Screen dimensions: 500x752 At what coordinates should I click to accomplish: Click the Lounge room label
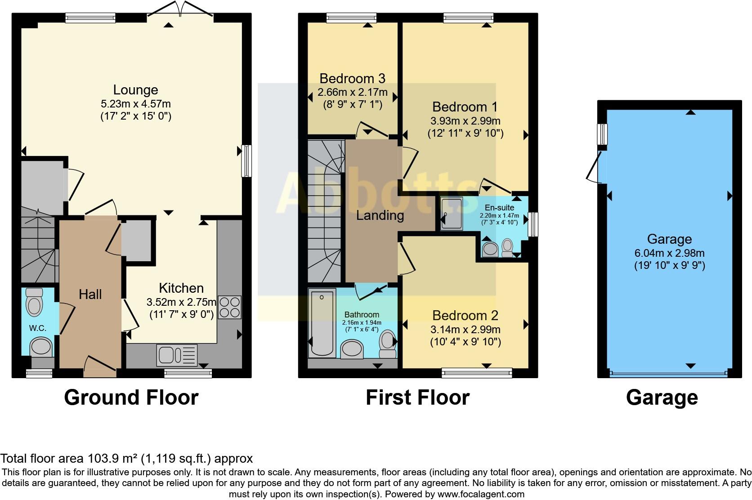click(135, 90)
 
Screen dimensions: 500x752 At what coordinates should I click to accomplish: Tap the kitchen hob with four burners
click(230, 307)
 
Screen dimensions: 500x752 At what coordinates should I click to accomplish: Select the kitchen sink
click(177, 355)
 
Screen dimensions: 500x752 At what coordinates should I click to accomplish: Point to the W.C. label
click(38, 328)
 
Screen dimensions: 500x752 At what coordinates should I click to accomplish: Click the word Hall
click(90, 295)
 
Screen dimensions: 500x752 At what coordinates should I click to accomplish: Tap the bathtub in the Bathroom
click(322, 323)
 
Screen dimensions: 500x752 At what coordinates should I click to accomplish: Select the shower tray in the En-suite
click(452, 214)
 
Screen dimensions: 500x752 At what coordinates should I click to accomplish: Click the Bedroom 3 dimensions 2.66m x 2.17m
click(352, 93)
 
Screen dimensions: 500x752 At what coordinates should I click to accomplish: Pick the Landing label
click(380, 215)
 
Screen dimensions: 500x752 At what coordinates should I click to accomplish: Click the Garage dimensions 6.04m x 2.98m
click(669, 253)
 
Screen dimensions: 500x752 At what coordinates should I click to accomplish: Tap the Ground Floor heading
click(131, 397)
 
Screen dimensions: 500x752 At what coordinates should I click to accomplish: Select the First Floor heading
click(417, 397)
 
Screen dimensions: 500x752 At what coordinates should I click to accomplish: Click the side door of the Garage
click(595, 167)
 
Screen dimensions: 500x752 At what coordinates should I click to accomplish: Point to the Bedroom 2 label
click(465, 316)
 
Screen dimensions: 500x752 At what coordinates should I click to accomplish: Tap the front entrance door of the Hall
click(100, 366)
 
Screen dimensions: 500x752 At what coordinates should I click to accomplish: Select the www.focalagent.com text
click(480, 494)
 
